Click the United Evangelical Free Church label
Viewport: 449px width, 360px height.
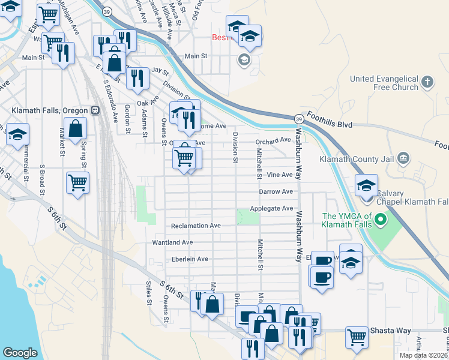tap(384, 83)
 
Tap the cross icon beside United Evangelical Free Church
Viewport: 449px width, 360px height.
tap(427, 81)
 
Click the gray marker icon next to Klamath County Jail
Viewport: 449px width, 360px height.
tap(403, 158)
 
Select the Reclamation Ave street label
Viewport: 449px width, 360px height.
tap(196, 226)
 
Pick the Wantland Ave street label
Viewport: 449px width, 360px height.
tap(172, 242)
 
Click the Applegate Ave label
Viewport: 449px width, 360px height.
tap(276, 208)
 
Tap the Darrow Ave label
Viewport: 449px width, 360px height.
tap(276, 191)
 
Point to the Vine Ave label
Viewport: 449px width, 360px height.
tap(280, 175)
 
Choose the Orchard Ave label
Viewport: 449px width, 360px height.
tap(273, 140)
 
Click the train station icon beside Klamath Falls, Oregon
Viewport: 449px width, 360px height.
tap(95, 110)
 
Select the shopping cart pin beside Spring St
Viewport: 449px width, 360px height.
tap(78, 182)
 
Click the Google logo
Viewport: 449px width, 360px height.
tap(20, 353)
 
